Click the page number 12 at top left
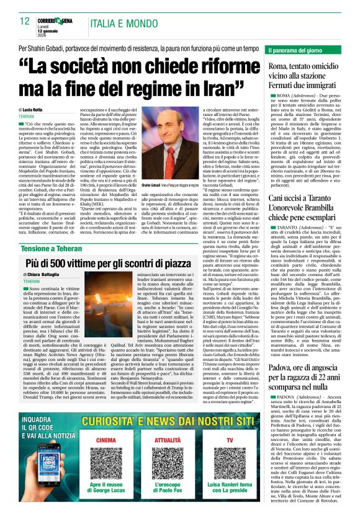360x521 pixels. (25, 21)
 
